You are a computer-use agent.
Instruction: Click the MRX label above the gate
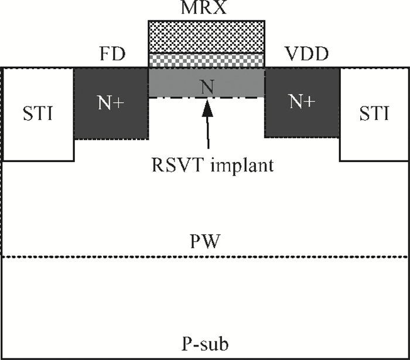click(203, 7)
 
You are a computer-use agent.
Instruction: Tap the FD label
click(112, 54)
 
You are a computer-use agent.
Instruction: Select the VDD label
click(306, 54)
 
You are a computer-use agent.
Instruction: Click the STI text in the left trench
click(38, 113)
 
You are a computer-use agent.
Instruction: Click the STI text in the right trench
click(374, 113)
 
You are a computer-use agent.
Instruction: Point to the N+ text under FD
click(111, 102)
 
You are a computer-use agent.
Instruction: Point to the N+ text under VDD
click(302, 101)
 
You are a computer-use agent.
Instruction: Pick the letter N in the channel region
click(207, 87)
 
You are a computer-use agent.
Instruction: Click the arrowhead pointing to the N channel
click(207, 108)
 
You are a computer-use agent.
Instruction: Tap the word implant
click(242, 166)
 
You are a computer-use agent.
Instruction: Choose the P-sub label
click(205, 344)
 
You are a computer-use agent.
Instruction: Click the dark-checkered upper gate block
click(207, 36)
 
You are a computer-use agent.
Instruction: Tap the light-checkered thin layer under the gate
click(207, 60)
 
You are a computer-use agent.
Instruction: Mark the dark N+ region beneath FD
click(112, 104)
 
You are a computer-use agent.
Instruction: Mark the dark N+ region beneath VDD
click(302, 102)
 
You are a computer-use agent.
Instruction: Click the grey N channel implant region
click(207, 83)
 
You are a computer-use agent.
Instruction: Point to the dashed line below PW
click(205, 257)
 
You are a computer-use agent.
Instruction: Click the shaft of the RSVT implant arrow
click(208, 132)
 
